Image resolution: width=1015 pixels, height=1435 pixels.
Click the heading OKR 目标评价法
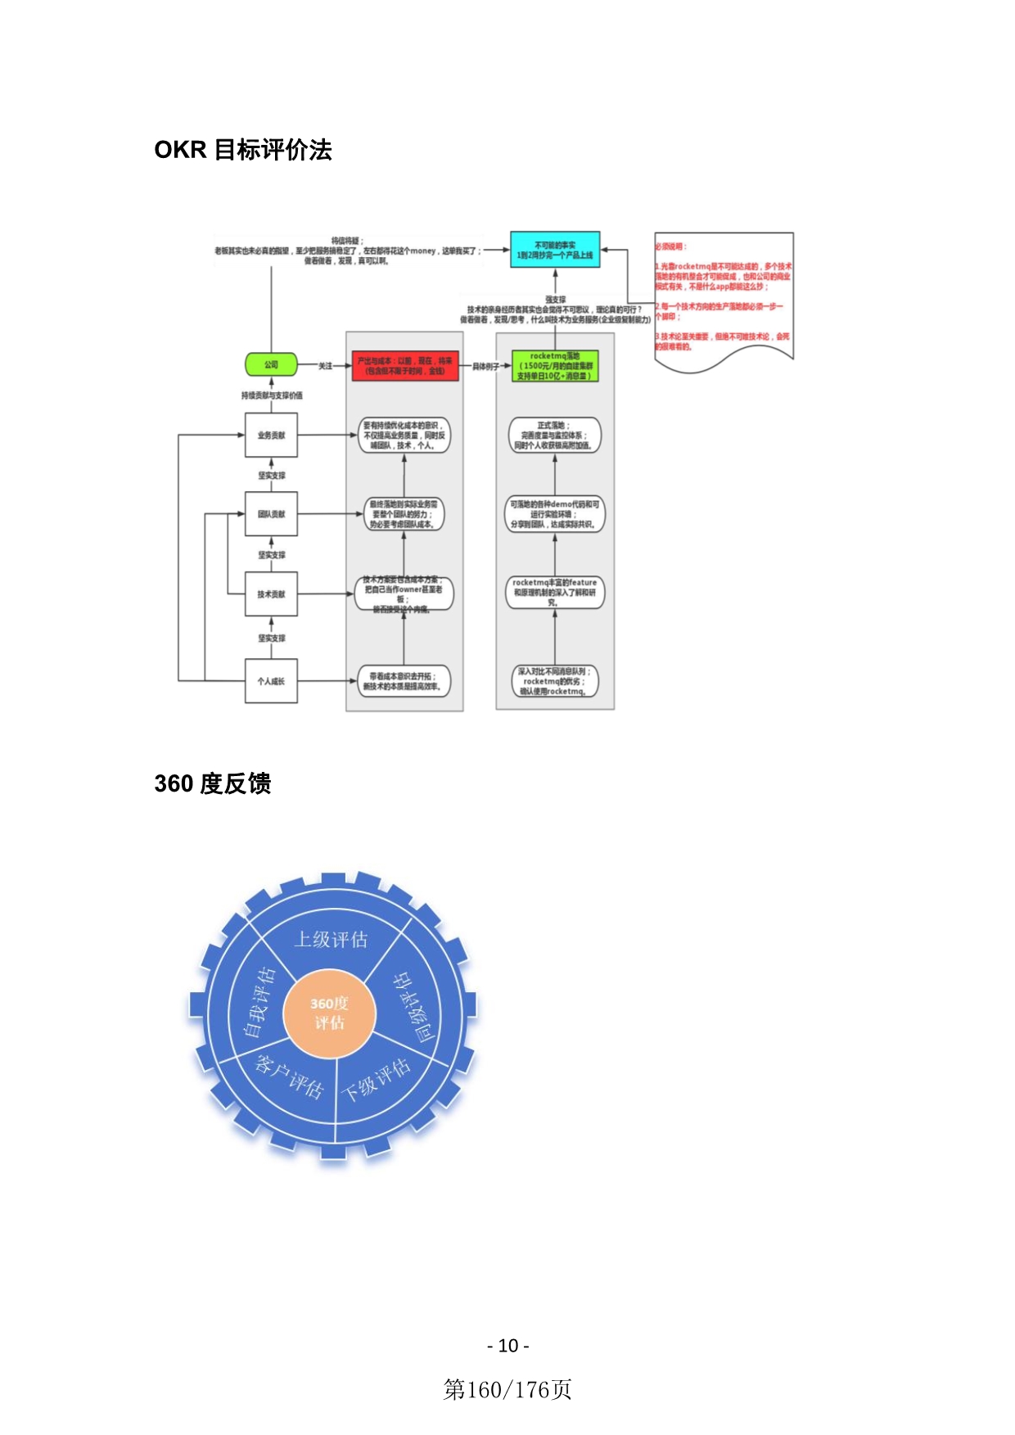point(243,150)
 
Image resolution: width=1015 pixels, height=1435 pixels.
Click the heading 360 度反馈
point(213,783)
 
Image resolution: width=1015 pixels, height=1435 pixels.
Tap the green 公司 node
point(271,365)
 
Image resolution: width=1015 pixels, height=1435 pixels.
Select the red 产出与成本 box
point(404,366)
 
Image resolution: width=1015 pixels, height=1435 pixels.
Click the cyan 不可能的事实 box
point(555,250)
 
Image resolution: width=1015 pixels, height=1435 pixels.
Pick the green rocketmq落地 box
point(555,366)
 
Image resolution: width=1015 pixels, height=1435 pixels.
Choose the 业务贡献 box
point(271,435)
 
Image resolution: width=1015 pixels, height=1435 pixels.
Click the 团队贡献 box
point(271,514)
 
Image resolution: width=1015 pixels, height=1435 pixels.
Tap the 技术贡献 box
point(271,594)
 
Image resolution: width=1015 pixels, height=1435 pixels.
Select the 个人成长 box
point(271,681)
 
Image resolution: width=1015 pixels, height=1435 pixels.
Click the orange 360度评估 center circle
point(329,1013)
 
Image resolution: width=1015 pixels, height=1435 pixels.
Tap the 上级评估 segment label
point(331,940)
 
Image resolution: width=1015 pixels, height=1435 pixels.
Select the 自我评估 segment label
point(259,1002)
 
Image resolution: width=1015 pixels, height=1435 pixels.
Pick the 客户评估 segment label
point(290,1076)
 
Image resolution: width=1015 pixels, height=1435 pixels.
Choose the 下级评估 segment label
point(376,1080)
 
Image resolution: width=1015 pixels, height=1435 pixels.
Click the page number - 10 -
point(508,1346)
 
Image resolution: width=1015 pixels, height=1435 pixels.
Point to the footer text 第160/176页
point(508,1389)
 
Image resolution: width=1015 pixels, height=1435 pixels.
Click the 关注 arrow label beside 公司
point(325,366)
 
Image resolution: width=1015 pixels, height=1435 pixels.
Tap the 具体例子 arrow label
point(485,366)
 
